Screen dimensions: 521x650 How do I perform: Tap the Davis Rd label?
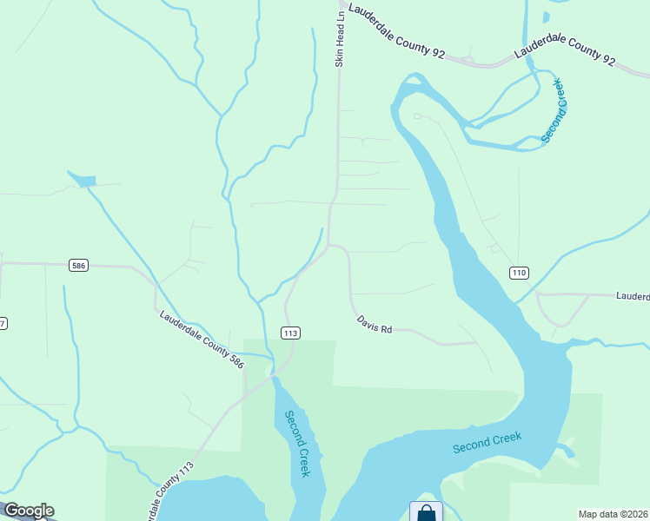[x=375, y=325]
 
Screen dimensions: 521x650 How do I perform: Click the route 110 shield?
[x=519, y=273]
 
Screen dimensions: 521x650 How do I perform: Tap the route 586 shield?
[x=77, y=266]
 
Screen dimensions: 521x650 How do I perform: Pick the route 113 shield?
[x=290, y=333]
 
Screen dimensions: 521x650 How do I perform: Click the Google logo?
[x=29, y=511]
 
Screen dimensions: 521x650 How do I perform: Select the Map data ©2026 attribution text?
[x=613, y=514]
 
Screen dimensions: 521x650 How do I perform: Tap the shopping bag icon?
[x=426, y=512]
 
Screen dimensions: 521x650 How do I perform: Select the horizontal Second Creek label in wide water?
[x=487, y=442]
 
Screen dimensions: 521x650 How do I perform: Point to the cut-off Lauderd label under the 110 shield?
[x=633, y=296]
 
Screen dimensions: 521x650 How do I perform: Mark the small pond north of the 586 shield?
[x=83, y=180]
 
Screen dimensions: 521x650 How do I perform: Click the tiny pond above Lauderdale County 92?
[x=546, y=16]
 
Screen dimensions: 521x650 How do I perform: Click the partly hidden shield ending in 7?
[x=3, y=324]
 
